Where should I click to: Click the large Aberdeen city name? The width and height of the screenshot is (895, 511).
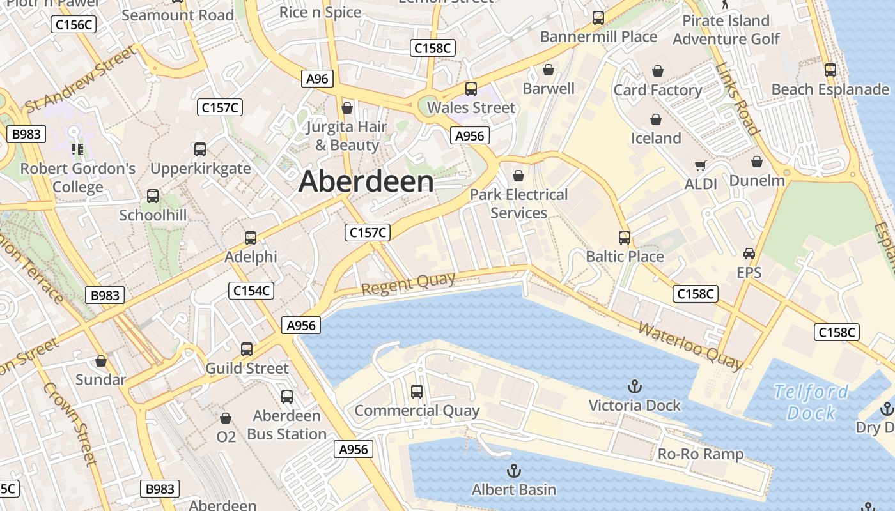366,182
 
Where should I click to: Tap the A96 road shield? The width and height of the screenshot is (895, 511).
317,79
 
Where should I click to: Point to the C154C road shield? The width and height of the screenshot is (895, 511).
251,291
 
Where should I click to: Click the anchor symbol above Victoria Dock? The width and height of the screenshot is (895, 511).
634,386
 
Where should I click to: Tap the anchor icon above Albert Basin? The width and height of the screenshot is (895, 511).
513,471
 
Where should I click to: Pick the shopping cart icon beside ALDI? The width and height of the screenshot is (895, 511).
700,166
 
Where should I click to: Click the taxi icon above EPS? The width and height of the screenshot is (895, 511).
749,254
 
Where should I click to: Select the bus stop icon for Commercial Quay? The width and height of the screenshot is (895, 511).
417,392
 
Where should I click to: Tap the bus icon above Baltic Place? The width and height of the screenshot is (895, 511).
625,238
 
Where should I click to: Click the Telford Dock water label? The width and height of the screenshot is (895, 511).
811,402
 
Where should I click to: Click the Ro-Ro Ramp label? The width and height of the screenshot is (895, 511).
701,454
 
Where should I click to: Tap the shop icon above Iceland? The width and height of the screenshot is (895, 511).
656,119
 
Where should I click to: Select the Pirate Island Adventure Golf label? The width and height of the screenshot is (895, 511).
726,30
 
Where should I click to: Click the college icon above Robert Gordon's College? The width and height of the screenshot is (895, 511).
77,149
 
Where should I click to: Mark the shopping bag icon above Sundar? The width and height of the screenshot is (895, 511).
101,362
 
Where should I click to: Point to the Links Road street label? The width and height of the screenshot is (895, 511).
738,99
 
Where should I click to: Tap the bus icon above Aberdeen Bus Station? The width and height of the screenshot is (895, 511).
287,397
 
